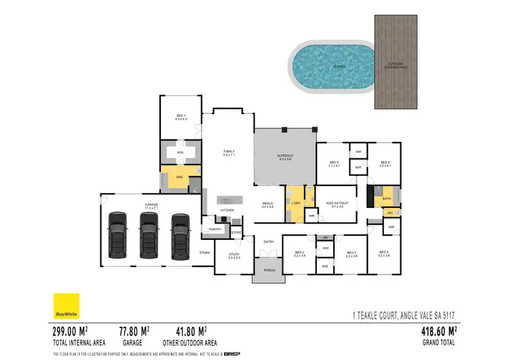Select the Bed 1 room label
point(181,118)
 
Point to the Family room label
point(229,153)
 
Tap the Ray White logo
point(67,306)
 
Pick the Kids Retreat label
point(337,204)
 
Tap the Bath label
point(386,199)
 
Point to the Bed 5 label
point(385,164)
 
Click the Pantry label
point(216,230)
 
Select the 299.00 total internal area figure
point(73,332)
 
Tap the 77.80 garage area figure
point(133,332)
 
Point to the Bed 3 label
point(351,255)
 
